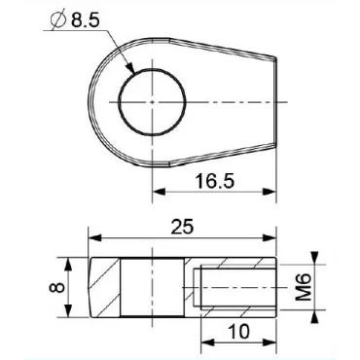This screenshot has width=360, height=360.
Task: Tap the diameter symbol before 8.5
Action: [x=55, y=20]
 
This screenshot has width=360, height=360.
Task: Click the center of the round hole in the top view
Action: [x=152, y=103]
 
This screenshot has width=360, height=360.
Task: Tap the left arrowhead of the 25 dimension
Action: [x=94, y=239]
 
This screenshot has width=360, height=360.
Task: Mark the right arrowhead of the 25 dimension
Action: [x=273, y=239]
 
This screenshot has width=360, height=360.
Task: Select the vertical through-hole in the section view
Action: [x=152, y=288]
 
